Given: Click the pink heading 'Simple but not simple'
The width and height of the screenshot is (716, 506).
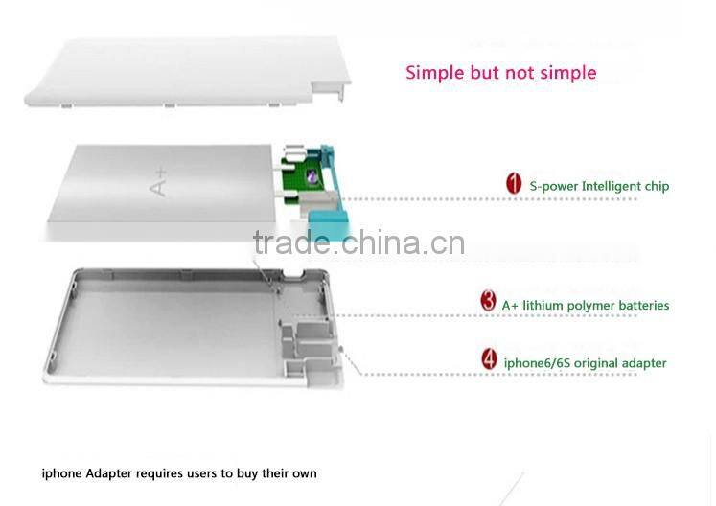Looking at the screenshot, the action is coord(500,73).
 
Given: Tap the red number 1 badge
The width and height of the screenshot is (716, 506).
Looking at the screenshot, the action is coord(514,184).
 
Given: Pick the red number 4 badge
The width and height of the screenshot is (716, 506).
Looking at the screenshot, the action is coord(489,361).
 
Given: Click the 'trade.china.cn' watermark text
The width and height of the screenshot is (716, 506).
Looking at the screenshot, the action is coord(358,243).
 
